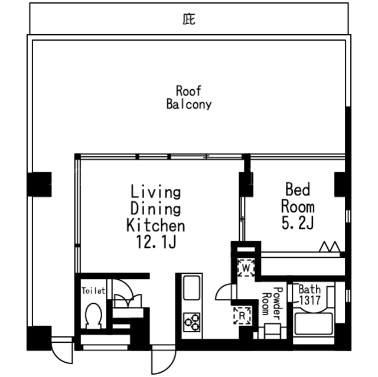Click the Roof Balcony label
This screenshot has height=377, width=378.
tap(189, 97)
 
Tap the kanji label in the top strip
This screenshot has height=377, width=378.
tap(189, 19)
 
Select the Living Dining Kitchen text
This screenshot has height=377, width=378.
tap(156, 208)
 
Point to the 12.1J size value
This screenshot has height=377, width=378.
tap(156, 242)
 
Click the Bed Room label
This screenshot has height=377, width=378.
tap(298, 198)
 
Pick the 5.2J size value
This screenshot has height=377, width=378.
tap(298, 222)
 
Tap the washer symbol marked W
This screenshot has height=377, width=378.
tap(246, 268)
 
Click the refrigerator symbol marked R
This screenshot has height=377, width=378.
tap(242, 316)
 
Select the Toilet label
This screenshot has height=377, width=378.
tap(93, 291)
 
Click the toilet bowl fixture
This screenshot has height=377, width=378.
tap(93, 316)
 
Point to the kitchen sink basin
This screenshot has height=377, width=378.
tap(191, 288)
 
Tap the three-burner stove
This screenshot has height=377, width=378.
tap(191, 322)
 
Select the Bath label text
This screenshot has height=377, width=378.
tap(309, 289)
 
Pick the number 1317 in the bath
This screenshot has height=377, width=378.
tap(309, 300)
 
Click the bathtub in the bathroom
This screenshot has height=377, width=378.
tap(314, 323)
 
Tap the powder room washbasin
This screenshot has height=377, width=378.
tap(272, 331)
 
